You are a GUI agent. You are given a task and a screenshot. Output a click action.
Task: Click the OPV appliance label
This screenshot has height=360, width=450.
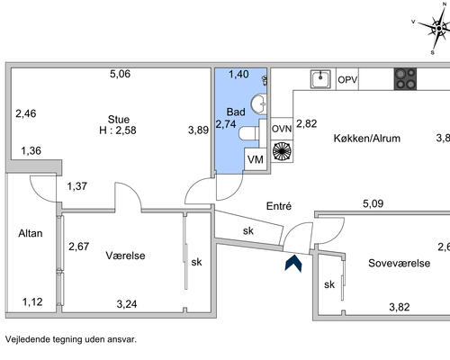point(347,80)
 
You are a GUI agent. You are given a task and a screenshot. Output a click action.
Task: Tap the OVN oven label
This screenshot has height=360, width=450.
point(282,129)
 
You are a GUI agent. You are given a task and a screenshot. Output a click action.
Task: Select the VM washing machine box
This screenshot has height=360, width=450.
point(256,159)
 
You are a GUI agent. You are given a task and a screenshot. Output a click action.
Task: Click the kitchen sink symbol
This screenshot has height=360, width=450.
point(320,79)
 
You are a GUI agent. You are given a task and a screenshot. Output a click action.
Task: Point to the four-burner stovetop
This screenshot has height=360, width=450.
point(405,79)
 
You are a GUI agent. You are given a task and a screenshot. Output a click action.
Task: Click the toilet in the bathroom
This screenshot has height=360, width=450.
point(249,133)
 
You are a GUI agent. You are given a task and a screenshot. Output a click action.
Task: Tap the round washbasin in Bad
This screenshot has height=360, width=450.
point(258,103)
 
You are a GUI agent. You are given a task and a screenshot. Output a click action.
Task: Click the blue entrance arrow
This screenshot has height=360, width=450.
point(293,264)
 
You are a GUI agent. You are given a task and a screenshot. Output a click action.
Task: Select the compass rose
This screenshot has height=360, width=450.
point(438,29)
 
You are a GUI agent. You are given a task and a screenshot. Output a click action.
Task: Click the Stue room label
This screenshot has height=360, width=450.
point(119,120)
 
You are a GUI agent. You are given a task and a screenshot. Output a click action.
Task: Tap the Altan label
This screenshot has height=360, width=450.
point(31,233)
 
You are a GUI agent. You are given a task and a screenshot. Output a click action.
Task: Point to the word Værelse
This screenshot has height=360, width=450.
point(125,256)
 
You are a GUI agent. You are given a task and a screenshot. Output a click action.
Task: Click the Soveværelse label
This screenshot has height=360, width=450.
point(400,263)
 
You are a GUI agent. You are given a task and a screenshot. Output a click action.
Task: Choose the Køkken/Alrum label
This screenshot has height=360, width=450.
point(367,139)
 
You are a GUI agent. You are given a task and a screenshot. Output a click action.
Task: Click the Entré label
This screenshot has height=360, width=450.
point(279,206)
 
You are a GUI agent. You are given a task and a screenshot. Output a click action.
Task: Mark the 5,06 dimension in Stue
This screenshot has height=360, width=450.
point(120,74)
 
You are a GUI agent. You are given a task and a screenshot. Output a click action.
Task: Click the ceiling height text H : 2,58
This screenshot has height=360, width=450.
point(118,130)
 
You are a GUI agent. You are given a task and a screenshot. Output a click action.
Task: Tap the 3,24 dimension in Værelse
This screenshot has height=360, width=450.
point(127,304)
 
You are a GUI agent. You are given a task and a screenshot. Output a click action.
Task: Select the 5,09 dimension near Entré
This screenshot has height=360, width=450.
point(373,203)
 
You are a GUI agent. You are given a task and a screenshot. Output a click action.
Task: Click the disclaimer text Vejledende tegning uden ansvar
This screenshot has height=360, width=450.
point(71,339)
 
